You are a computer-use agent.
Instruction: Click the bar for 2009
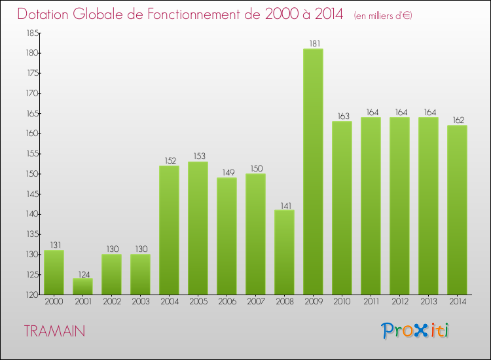pos(313,171)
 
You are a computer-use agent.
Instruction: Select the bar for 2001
pos(82,287)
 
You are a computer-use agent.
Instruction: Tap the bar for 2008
pos(284,252)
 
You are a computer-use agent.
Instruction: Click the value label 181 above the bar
pos(313,44)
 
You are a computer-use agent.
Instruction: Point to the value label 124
pos(82,274)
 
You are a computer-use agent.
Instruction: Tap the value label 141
pos(284,205)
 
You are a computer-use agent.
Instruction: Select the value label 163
pos(342,117)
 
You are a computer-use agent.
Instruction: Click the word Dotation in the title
pos(48,14)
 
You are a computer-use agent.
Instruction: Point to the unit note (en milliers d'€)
pos(383,15)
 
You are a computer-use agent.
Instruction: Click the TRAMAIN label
pos(54,331)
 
